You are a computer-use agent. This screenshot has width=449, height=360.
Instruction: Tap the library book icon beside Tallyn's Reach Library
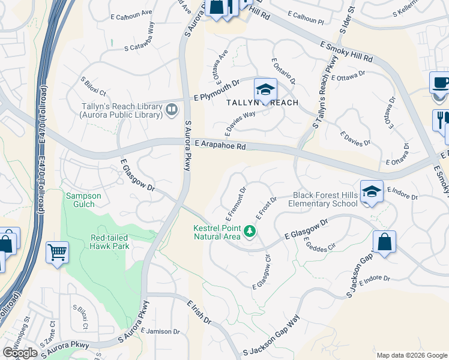point(172,109)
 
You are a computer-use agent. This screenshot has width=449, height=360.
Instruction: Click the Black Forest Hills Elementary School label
point(325,199)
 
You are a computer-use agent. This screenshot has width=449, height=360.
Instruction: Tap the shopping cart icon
point(57,253)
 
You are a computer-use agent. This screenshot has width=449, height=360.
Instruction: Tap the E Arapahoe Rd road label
point(221,145)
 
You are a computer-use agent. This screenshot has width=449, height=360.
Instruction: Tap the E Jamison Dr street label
point(160,331)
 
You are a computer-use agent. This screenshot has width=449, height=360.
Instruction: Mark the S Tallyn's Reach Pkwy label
point(322,98)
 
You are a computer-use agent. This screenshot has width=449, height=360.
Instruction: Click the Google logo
point(20,352)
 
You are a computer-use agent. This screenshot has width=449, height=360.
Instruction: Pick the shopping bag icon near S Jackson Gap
point(384,242)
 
